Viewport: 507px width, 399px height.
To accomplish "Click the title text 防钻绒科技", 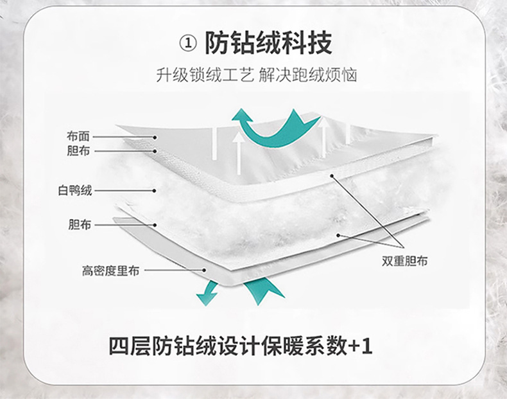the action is click(x=268, y=44).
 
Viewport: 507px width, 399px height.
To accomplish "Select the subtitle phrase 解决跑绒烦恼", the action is click(x=307, y=76).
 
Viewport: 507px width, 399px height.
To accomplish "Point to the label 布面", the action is click(x=78, y=136).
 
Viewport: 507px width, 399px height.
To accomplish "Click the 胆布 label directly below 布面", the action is click(x=78, y=151).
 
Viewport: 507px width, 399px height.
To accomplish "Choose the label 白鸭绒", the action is click(x=75, y=190).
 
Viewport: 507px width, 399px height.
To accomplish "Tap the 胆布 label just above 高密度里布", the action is click(x=79, y=225).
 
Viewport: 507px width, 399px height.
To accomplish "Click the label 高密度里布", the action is click(x=110, y=271).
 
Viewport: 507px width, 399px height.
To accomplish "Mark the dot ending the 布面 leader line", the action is click(x=155, y=137).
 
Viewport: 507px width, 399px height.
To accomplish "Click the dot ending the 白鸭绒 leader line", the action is click(x=155, y=190).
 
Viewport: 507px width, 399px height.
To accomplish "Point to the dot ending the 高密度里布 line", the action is click(x=204, y=270).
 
